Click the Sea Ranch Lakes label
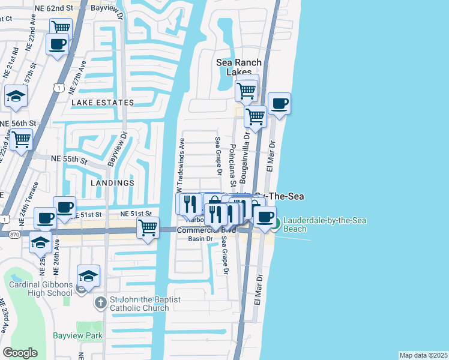240,67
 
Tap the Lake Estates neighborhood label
103,103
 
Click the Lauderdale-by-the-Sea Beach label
325,225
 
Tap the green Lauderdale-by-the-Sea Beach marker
276,225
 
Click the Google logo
20,353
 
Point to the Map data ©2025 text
423,355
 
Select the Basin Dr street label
200,239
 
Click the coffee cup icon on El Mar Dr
279,103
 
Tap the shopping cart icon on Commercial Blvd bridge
148,228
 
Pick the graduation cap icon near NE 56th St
15,96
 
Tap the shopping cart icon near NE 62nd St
61,28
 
